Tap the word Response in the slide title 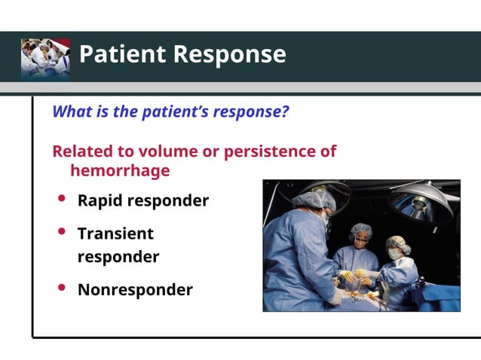(x=229, y=54)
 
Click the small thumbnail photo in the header (x=45, y=58)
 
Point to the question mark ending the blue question (x=286, y=111)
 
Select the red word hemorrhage (x=119, y=170)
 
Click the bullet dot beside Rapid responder (x=62, y=200)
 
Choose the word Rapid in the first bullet (x=100, y=201)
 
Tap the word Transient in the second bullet (x=115, y=233)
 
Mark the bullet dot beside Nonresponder (x=62, y=288)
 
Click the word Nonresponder (x=135, y=289)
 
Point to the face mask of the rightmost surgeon (x=394, y=254)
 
